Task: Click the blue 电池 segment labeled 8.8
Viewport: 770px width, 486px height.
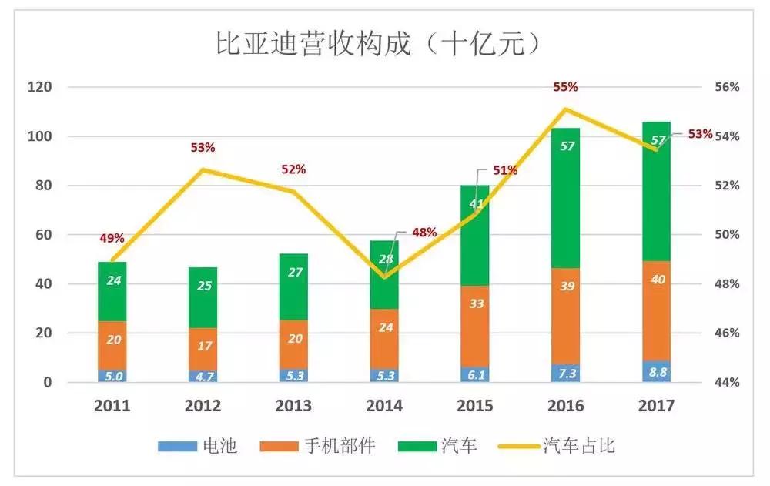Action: click(x=656, y=373)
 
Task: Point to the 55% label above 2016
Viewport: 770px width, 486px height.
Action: click(x=565, y=87)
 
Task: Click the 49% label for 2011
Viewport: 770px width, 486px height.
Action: click(x=112, y=239)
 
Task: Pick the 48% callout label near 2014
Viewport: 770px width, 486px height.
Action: click(x=424, y=232)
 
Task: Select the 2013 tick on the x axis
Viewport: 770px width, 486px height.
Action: click(x=293, y=406)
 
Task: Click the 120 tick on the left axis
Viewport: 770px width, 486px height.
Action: click(x=40, y=87)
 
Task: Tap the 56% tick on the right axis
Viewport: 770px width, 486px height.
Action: click(x=727, y=87)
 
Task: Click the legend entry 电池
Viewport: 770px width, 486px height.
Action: click(x=197, y=446)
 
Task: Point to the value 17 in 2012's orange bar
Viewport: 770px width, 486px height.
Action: click(x=203, y=346)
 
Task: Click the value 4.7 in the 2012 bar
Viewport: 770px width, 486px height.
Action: click(x=203, y=377)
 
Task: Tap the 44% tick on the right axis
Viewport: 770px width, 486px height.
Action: click(x=727, y=382)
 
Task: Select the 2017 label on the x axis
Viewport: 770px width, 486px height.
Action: click(x=656, y=406)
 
